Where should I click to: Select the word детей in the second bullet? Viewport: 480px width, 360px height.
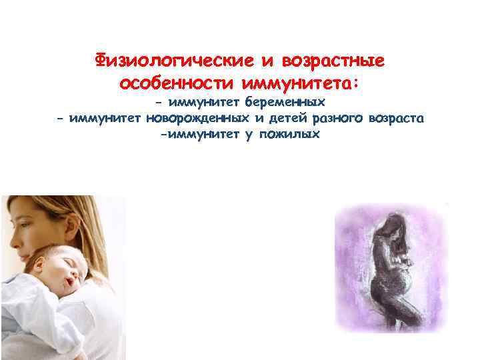tap(279, 119)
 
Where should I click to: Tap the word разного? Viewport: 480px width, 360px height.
tap(332, 119)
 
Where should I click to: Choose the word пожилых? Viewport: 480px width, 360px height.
tap(293, 135)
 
